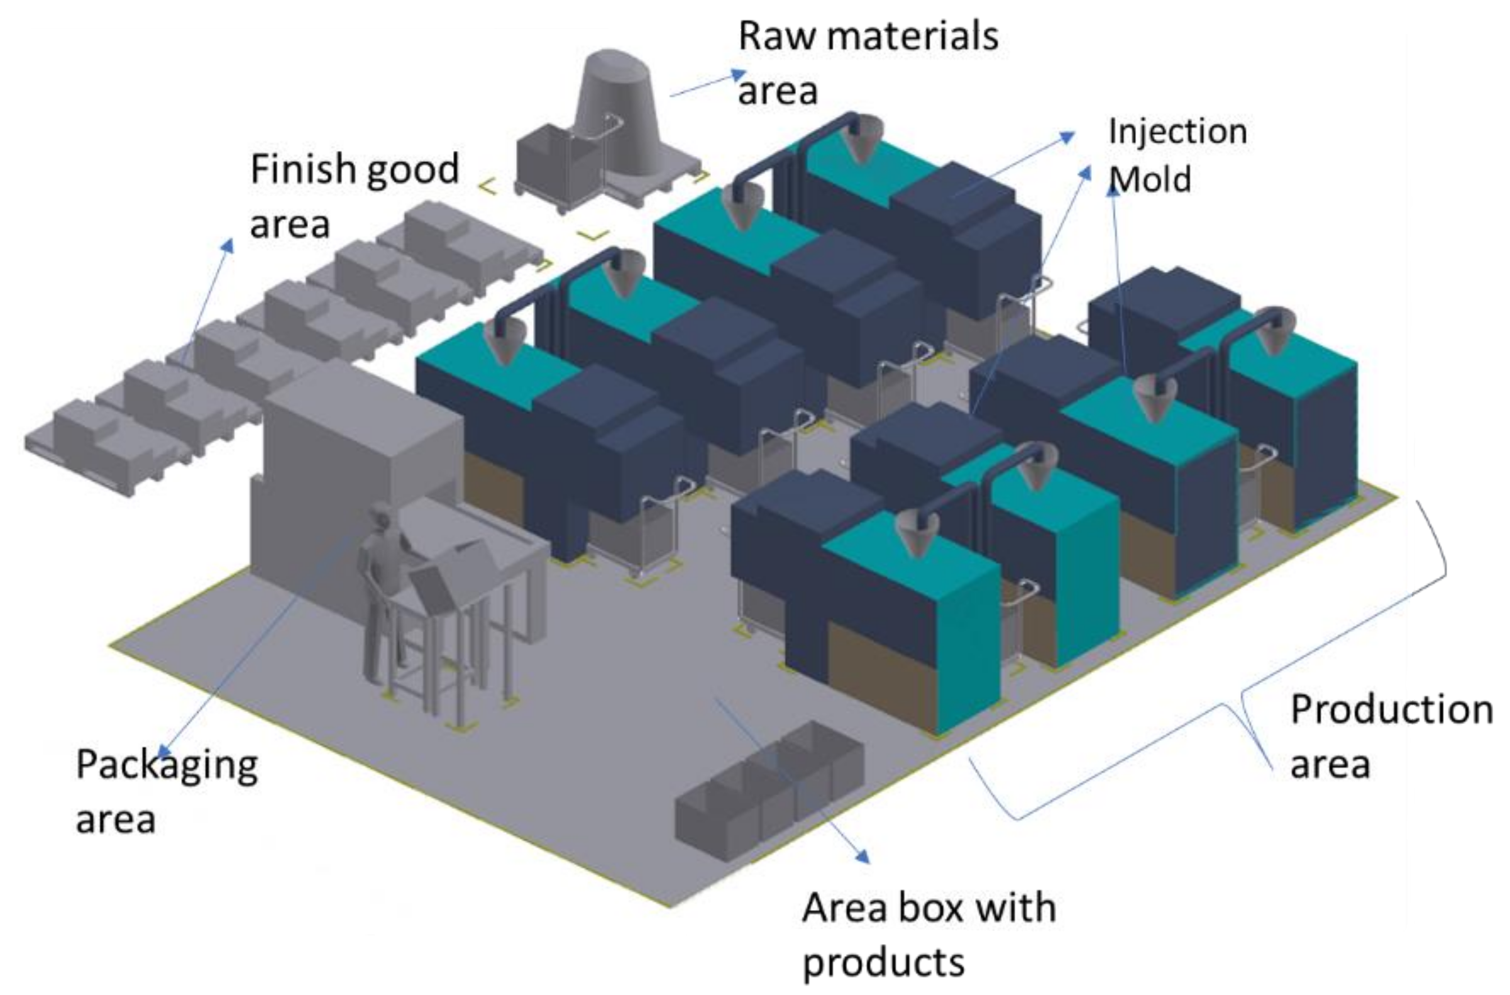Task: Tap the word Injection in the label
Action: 1177,133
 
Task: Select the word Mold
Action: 1150,180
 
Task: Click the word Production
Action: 1391,709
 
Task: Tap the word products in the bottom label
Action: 883,964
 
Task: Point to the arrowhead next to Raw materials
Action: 739,75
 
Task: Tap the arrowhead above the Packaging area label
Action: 163,751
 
